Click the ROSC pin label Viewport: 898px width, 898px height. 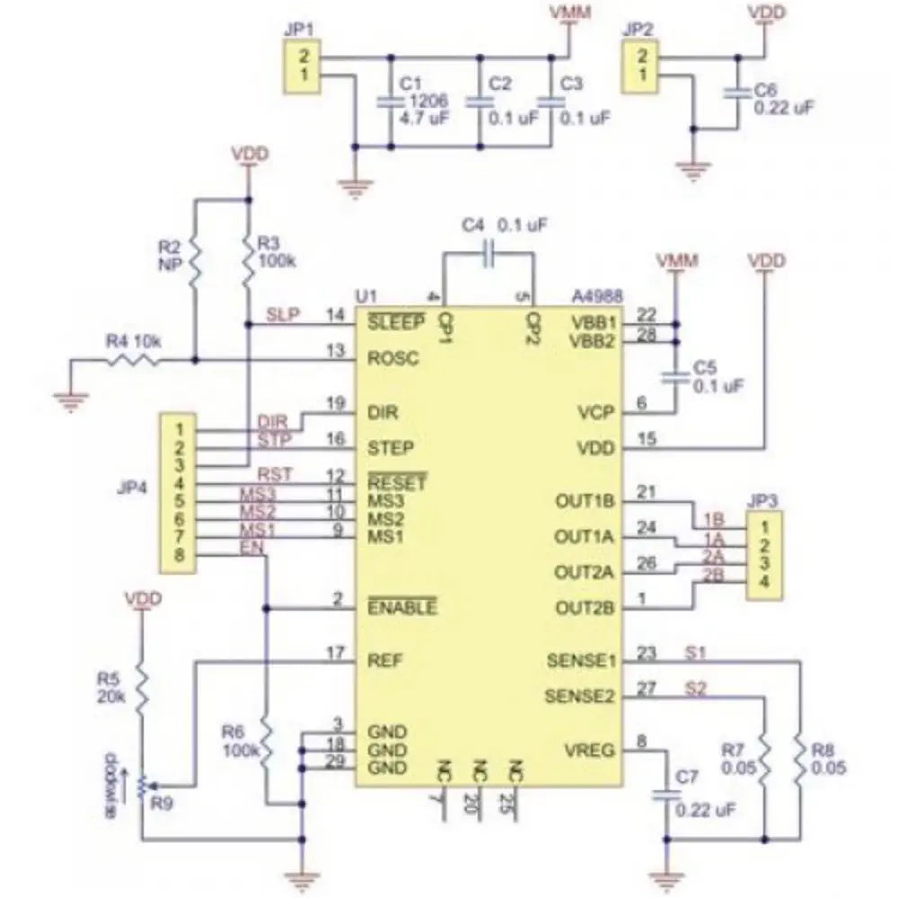tap(392, 357)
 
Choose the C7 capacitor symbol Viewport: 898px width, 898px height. tap(665, 796)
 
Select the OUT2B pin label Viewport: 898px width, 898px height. tap(585, 608)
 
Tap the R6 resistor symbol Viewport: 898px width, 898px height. tap(267, 741)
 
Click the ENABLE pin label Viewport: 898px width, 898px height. tap(402, 608)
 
